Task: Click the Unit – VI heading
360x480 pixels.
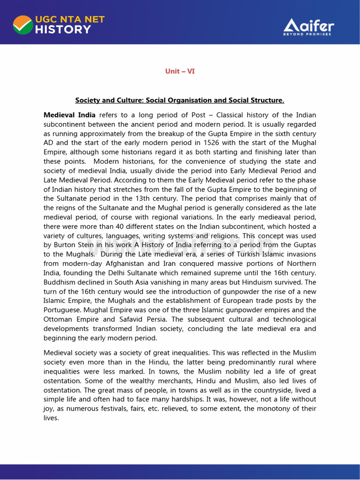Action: pyautogui.click(x=180, y=71)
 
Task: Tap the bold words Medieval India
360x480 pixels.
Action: pyautogui.click(x=69, y=115)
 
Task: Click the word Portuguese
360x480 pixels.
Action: pyautogui.click(x=64, y=301)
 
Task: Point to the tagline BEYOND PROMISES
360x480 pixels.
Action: pyautogui.click(x=307, y=34)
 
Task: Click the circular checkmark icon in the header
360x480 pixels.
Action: pyautogui.click(x=22, y=24)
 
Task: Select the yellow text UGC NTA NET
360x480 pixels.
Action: pyautogui.click(x=69, y=19)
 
